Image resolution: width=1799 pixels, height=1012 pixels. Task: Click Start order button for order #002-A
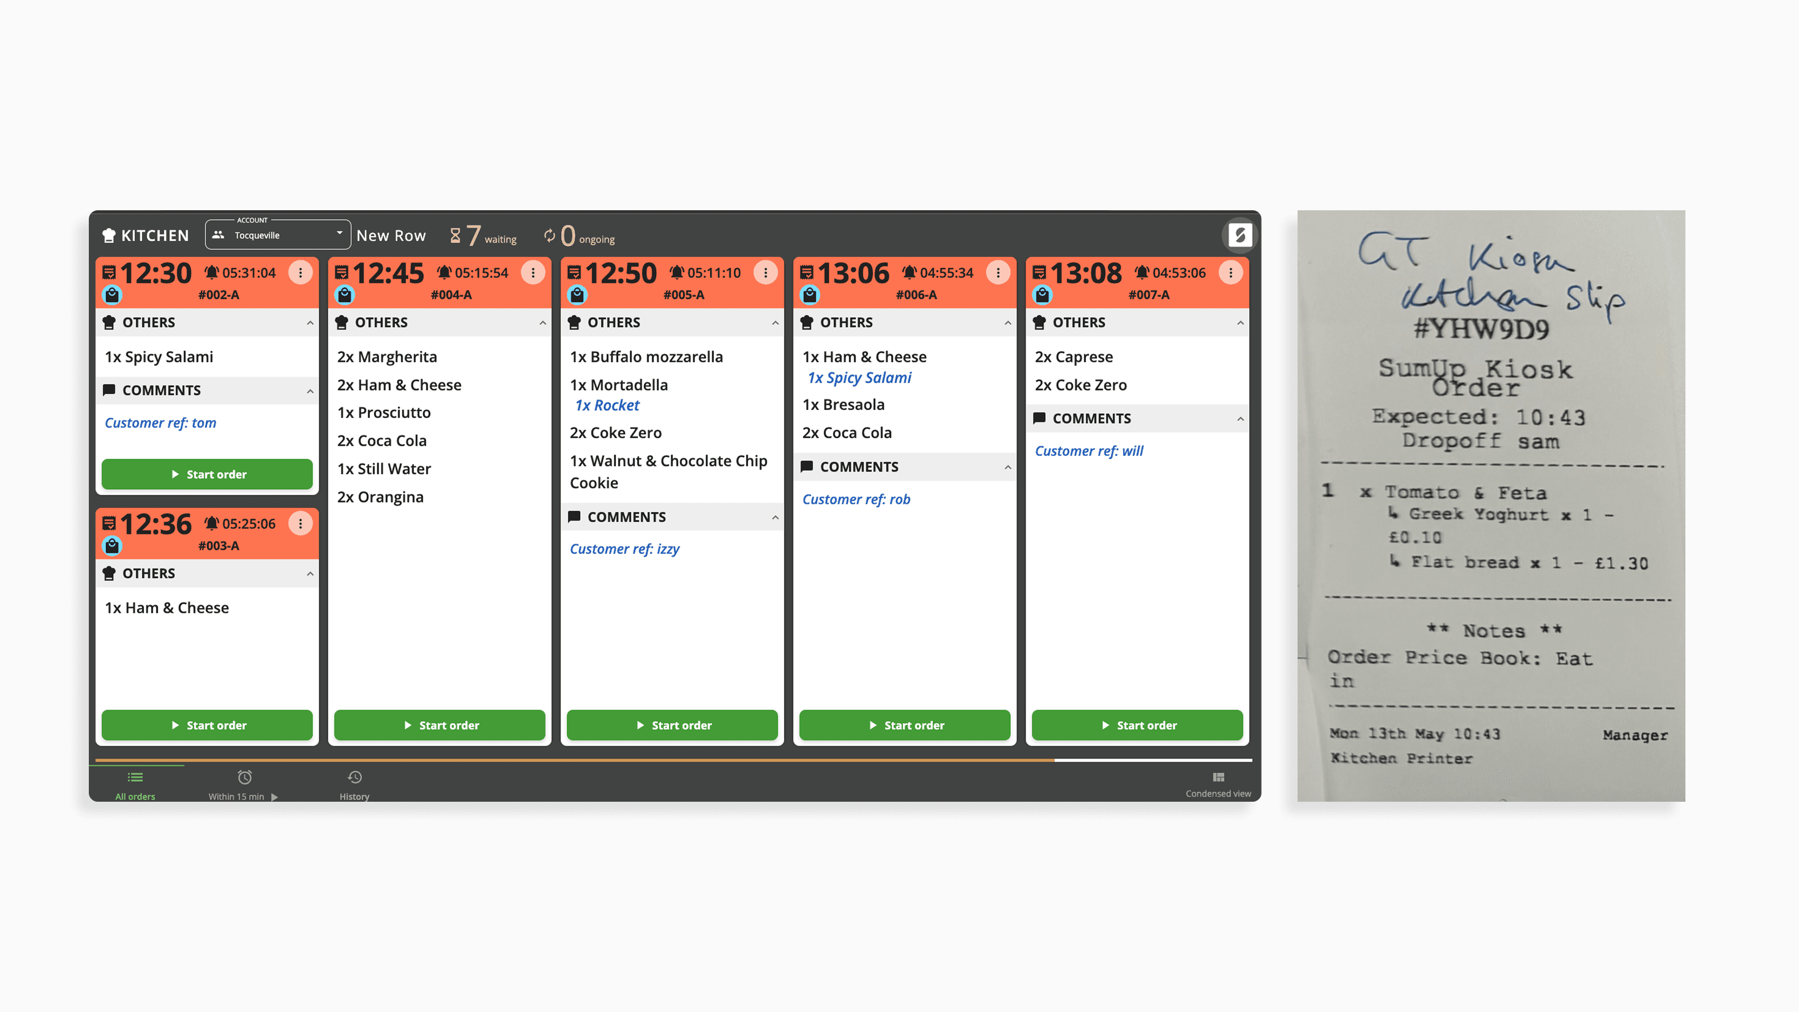click(207, 474)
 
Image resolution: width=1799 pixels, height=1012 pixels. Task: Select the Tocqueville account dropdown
click(278, 234)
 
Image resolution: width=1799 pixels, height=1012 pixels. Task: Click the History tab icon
click(355, 778)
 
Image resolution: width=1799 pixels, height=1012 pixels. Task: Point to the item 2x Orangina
click(381, 496)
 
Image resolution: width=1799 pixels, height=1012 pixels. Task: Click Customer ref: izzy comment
click(625, 549)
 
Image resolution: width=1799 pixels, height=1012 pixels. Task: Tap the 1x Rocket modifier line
click(607, 405)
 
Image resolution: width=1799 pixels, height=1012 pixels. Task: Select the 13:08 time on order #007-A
click(1086, 273)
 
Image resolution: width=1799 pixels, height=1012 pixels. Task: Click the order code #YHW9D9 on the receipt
click(1481, 329)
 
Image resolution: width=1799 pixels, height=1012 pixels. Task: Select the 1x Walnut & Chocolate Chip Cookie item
click(668, 472)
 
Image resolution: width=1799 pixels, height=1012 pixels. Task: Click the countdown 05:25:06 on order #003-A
click(248, 524)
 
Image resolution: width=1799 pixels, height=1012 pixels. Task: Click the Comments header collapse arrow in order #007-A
click(1240, 419)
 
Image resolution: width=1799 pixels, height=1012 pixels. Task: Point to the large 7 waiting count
click(473, 236)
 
